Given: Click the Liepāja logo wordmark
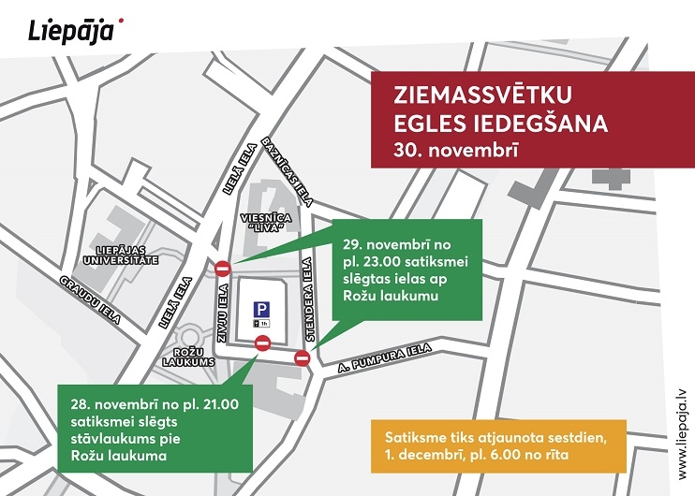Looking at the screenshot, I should tap(70, 30).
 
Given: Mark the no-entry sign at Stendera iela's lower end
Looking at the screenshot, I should tap(303, 357).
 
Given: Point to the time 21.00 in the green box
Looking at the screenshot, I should tap(218, 404).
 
